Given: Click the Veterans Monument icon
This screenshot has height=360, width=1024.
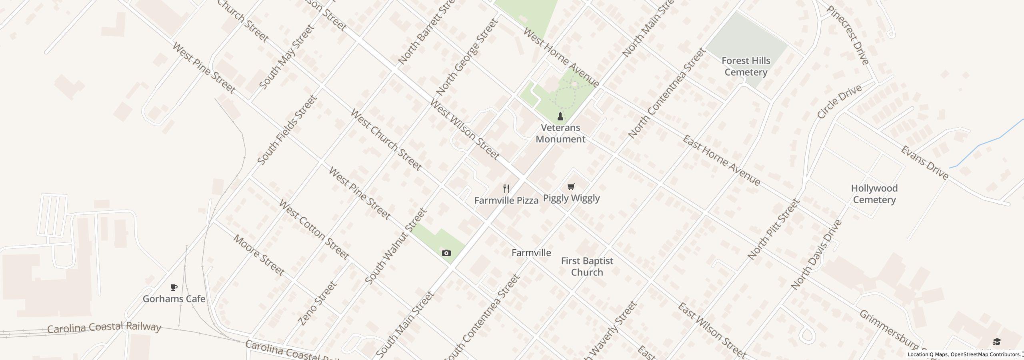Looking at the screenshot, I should tap(560, 116).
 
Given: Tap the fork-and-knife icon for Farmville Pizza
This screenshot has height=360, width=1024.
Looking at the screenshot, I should tap(506, 189).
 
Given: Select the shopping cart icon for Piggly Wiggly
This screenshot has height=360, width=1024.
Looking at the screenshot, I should tap(571, 186).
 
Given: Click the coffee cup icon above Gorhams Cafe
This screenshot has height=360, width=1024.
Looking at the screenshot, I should tap(174, 287).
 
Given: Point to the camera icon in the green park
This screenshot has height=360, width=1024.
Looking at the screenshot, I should tap(446, 253).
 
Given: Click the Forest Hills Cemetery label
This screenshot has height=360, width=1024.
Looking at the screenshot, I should tap(746, 66).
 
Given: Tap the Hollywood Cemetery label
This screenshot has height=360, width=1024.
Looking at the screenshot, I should tap(874, 194).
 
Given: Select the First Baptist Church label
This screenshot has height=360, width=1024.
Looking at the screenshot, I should tap(587, 266).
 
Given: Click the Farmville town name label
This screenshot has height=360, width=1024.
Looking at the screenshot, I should tap(531, 253).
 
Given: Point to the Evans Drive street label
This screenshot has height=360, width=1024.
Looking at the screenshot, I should tap(924, 162).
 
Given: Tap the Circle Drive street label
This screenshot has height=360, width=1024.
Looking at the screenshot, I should tap(839, 102).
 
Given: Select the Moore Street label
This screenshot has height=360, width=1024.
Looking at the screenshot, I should tap(258, 255).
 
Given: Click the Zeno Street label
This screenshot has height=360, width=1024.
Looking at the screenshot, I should tap(318, 303).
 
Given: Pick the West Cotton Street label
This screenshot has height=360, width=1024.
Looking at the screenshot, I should tap(314, 230).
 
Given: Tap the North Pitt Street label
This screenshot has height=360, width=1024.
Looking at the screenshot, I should tap(772, 230).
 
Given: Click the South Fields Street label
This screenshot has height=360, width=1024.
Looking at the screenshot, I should tap(287, 130).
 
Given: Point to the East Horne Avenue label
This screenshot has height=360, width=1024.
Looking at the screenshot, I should tap(721, 160).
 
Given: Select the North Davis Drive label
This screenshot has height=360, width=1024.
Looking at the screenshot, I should tap(816, 255).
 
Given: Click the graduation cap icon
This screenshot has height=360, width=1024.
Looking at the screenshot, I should tap(997, 342).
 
